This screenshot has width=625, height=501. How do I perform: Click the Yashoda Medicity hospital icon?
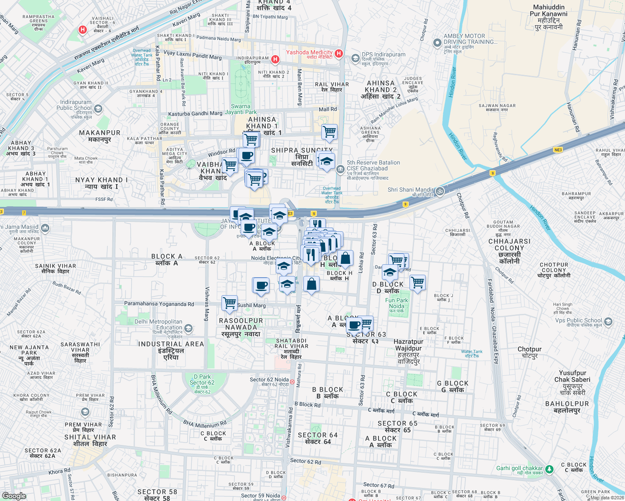click(x=339, y=53)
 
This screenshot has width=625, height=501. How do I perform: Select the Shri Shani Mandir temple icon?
click(x=440, y=191)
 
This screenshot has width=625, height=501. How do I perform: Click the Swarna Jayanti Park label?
click(x=241, y=109)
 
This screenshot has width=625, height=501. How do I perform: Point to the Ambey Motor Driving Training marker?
click(x=437, y=43)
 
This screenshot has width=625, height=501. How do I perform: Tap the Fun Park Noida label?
click(x=396, y=304)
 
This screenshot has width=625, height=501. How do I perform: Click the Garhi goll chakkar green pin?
click(x=549, y=469)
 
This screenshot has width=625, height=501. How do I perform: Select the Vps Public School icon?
click(x=608, y=321)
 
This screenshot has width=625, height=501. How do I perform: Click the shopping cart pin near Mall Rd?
click(x=329, y=132)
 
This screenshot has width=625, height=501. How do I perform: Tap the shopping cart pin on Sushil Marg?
click(x=229, y=303)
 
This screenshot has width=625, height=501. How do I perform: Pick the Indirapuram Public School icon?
click(x=98, y=109)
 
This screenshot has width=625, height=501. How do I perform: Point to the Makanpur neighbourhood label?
click(x=99, y=136)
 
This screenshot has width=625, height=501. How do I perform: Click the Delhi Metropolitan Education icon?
click(x=188, y=329)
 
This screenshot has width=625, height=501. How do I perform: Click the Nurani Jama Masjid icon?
click(x=45, y=228)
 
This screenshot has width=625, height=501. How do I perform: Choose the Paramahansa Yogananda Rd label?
click(x=159, y=304)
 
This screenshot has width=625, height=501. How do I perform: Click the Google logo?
click(x=14, y=496)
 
